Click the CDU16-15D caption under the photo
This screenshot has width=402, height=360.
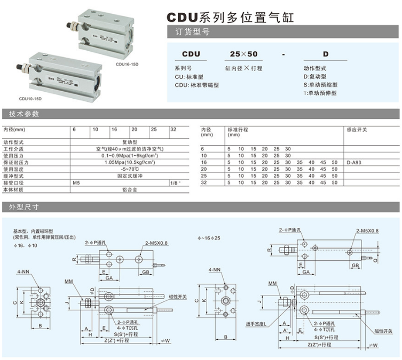(x=127, y=65)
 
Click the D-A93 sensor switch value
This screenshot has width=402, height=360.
(x=355, y=162)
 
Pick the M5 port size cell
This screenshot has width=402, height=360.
(x=77, y=182)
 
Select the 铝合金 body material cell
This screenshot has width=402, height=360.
(x=130, y=189)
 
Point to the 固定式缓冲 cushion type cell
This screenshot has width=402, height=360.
(x=130, y=175)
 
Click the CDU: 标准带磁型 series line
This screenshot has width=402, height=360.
(x=196, y=85)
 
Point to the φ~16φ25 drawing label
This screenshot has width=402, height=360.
(x=209, y=237)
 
